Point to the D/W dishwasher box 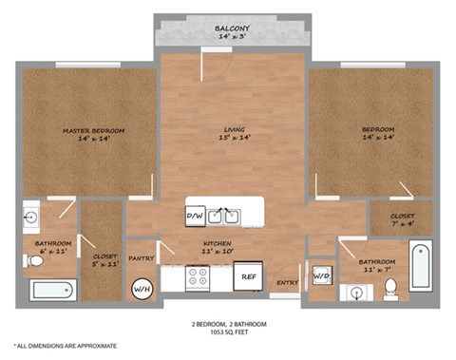(194, 216)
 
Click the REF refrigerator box (249, 276)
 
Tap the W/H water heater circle (142, 288)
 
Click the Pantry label (142, 257)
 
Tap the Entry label (287, 282)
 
